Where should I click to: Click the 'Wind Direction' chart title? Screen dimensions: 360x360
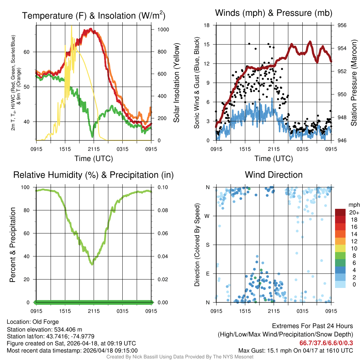click(x=274, y=175)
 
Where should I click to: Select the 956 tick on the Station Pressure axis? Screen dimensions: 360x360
click(x=342, y=25)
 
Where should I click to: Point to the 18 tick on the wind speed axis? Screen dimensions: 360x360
click(x=207, y=25)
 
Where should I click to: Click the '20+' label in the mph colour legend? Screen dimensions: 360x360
click(x=353, y=213)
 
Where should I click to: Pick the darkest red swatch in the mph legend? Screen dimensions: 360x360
click(x=341, y=212)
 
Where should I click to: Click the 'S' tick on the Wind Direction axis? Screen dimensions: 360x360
click(x=207, y=245)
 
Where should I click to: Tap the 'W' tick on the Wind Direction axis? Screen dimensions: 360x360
click(x=207, y=216)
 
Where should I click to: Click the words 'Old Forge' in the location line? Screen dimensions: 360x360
click(x=46, y=322)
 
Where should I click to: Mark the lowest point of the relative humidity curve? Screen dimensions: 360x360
click(x=92, y=264)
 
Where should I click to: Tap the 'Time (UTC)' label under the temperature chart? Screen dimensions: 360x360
click(x=94, y=159)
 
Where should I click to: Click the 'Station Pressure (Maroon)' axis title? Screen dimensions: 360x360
click(x=354, y=83)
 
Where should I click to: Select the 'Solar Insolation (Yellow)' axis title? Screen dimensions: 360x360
click(x=176, y=83)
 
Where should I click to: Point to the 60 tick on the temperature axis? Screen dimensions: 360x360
click(x=30, y=52)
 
